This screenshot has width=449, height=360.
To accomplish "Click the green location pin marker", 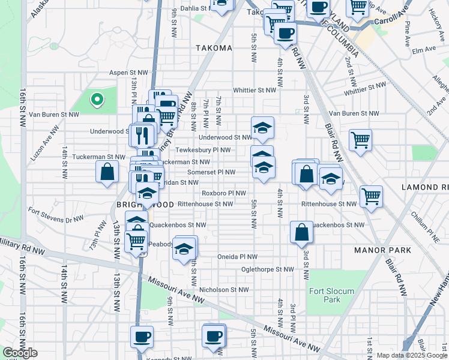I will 95,100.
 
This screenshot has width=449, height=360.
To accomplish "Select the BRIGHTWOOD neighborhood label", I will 145,205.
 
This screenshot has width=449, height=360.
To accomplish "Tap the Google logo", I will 20,352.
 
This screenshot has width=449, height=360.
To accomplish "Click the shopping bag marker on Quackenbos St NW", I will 301,232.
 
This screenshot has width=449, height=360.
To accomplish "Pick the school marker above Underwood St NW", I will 262,128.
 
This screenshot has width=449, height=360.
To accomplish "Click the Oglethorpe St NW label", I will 267,269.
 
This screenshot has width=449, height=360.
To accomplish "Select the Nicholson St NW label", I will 224,289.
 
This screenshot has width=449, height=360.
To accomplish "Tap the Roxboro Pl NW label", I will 224,193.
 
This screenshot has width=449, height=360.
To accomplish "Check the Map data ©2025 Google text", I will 411,355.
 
